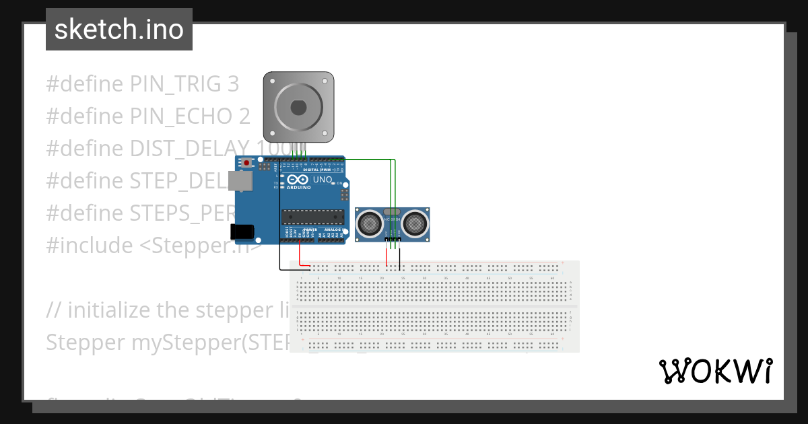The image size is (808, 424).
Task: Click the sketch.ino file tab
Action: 119,30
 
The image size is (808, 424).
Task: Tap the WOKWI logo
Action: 715,371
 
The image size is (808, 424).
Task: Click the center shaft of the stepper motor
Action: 298,107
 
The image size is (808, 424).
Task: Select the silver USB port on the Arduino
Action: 237,181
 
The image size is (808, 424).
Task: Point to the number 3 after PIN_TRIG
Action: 233,84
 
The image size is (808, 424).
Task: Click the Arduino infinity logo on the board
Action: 296,180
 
